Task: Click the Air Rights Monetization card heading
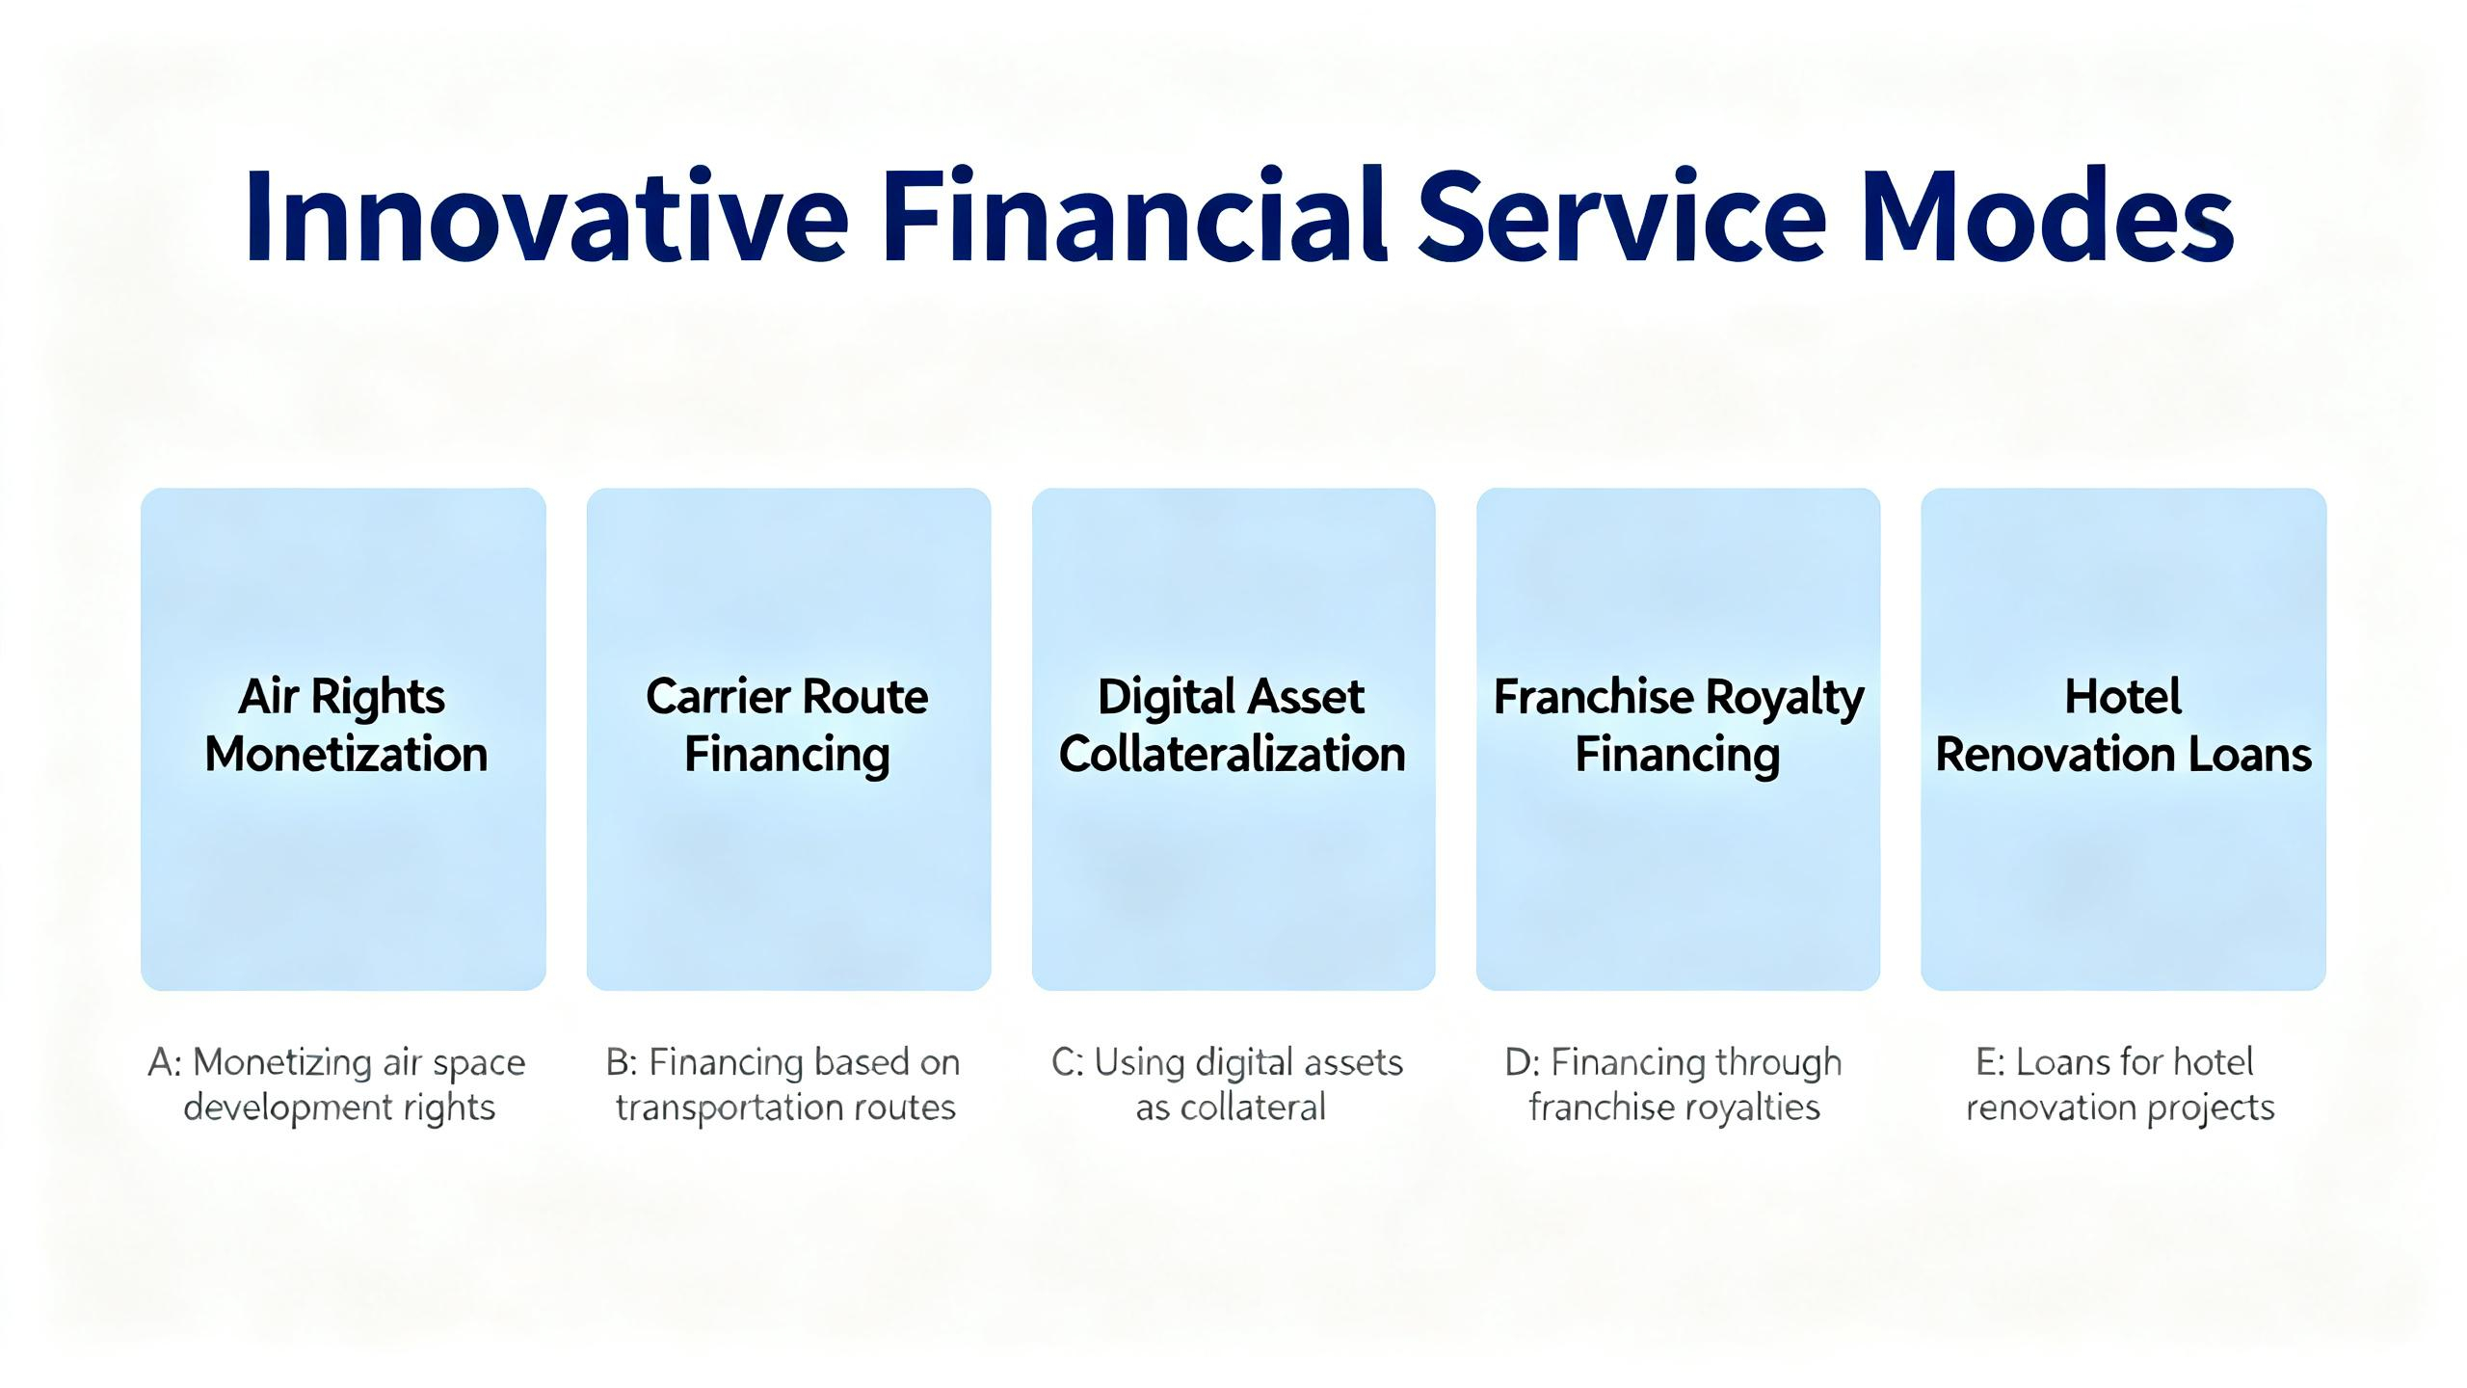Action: tap(345, 725)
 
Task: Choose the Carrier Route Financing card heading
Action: tap(787, 725)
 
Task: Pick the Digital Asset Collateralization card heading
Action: tap(1232, 725)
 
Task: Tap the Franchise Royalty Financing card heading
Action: tap(1679, 725)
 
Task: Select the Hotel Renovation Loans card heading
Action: tap(2123, 725)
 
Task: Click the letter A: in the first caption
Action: tap(165, 1062)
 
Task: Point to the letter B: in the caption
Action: tap(622, 1062)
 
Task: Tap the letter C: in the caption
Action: tap(1068, 1062)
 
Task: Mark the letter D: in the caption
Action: tap(1522, 1062)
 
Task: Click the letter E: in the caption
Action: tap(1991, 1062)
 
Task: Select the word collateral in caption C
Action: tap(1253, 1108)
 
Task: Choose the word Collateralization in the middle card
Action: tap(1232, 754)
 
